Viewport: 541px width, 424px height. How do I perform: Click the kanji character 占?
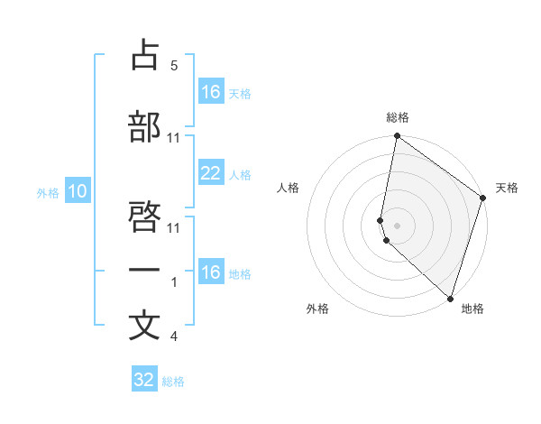tap(145, 56)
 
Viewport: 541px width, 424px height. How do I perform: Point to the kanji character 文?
tap(145, 326)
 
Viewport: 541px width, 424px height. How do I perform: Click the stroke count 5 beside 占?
tap(174, 66)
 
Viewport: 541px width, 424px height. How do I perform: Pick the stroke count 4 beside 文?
tap(174, 336)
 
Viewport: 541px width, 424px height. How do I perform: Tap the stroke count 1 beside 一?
tap(174, 282)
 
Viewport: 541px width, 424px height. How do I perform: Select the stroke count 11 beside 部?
tap(174, 137)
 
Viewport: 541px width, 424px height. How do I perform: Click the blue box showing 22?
tap(211, 173)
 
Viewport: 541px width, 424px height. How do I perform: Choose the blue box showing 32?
tap(144, 380)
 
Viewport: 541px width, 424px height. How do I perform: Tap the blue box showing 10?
tap(78, 191)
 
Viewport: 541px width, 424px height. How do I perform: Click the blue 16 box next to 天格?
tap(211, 92)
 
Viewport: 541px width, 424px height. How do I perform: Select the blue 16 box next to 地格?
tap(211, 272)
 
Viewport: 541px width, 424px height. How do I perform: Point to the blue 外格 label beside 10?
tap(48, 192)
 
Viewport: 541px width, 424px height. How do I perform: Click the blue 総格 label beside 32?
tap(173, 382)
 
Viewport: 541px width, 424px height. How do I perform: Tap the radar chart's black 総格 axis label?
tap(397, 117)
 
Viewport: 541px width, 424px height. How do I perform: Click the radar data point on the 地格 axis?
tap(450, 299)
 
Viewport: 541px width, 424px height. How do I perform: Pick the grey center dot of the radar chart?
tap(397, 225)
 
